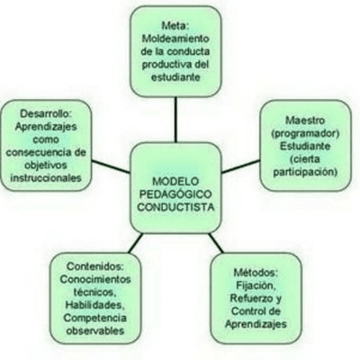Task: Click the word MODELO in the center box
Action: (175, 182)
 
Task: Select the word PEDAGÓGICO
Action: (175, 194)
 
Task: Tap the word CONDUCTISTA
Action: (175, 207)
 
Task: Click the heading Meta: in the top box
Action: (175, 26)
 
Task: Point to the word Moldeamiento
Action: (175, 39)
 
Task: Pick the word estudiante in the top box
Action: (175, 77)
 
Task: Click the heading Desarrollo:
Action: (46, 113)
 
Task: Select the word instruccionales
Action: (46, 178)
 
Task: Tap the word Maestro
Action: (305, 121)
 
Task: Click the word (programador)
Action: (305, 133)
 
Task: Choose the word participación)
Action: (305, 172)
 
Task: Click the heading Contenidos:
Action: (95, 266)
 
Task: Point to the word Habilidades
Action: (94, 305)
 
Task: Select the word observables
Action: (95, 331)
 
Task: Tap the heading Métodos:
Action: (256, 273)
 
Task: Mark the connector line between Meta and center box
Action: (175, 120)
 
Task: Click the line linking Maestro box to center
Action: (240, 166)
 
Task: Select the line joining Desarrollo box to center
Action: (111, 166)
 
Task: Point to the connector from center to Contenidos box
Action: (136, 243)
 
